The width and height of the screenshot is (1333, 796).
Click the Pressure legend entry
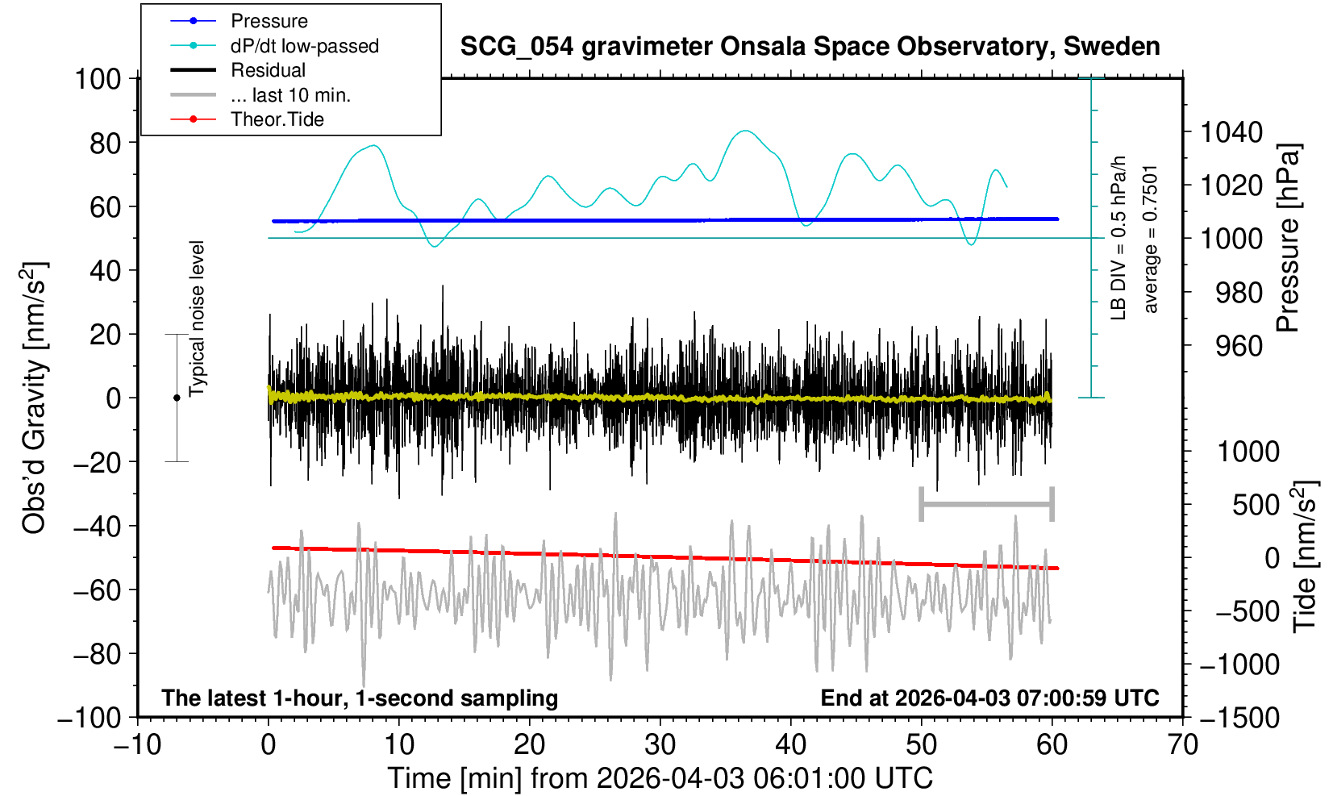coord(269,21)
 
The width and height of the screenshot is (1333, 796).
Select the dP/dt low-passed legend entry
coord(304,46)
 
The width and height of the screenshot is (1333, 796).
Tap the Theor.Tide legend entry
coord(277,119)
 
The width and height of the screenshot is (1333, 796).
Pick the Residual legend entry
coord(268,70)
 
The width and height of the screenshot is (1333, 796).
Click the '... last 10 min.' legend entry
coord(290,95)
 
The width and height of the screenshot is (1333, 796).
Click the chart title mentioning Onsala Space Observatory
coord(810,47)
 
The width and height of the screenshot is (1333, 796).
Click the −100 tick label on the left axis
coord(90,718)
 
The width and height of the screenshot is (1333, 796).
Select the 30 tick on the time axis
coord(660,744)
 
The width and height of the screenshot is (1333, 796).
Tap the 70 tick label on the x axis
coord(1182,744)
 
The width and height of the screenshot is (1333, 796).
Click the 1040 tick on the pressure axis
coord(1231,132)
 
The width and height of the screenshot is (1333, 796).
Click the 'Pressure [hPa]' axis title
coord(1288,238)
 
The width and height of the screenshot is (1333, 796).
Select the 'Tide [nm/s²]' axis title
coord(1304,556)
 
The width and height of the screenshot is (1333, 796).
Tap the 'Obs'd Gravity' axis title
coord(35,398)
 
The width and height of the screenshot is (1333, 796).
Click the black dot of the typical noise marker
coord(177,398)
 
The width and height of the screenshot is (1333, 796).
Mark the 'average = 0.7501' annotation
coord(1150,240)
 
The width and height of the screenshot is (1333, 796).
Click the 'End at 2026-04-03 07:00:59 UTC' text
coord(989,698)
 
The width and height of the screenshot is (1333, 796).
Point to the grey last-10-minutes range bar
coord(986,505)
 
